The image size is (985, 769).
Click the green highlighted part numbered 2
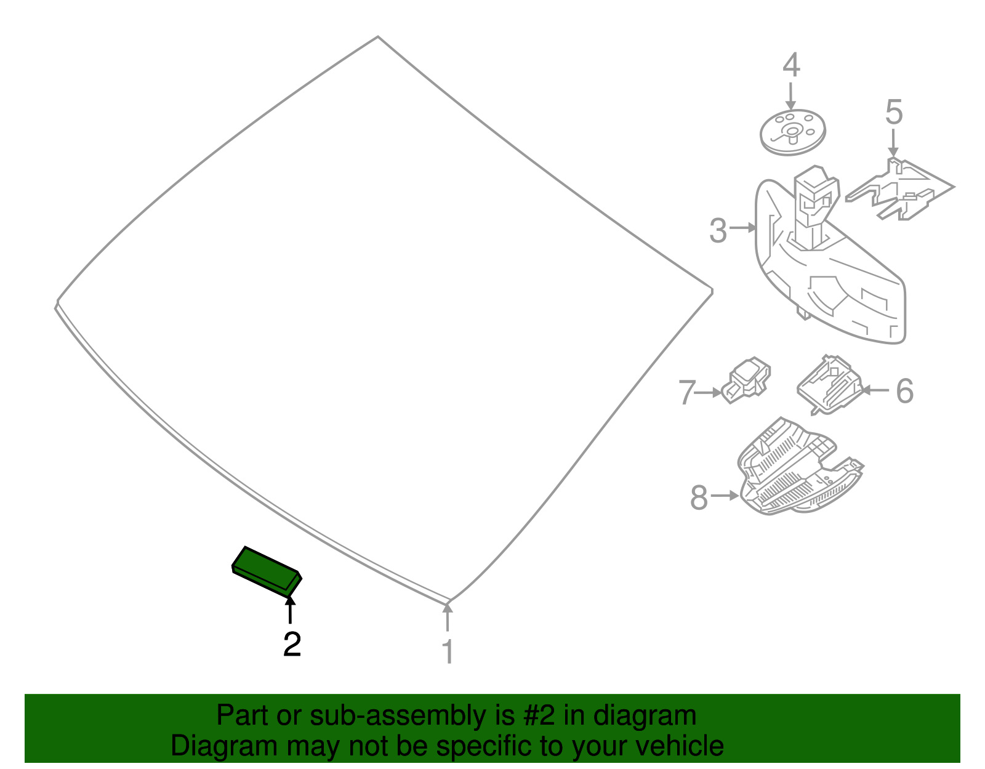click(x=267, y=571)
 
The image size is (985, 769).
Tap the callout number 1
click(x=448, y=651)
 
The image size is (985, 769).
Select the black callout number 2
click(x=292, y=644)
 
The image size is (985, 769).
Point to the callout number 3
click(x=718, y=231)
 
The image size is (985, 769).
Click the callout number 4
click(x=791, y=65)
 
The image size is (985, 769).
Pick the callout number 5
click(x=894, y=112)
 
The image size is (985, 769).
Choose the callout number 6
click(x=905, y=390)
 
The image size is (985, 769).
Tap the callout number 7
click(x=687, y=392)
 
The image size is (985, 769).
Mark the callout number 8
click(x=699, y=497)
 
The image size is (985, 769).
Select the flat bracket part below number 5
click(x=900, y=190)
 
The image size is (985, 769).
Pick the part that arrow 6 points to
click(x=829, y=385)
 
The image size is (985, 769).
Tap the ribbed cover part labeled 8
click(x=800, y=467)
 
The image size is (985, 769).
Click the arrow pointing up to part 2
click(x=290, y=610)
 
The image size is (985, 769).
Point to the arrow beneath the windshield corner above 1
click(x=448, y=617)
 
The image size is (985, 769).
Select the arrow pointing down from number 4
click(x=790, y=95)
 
